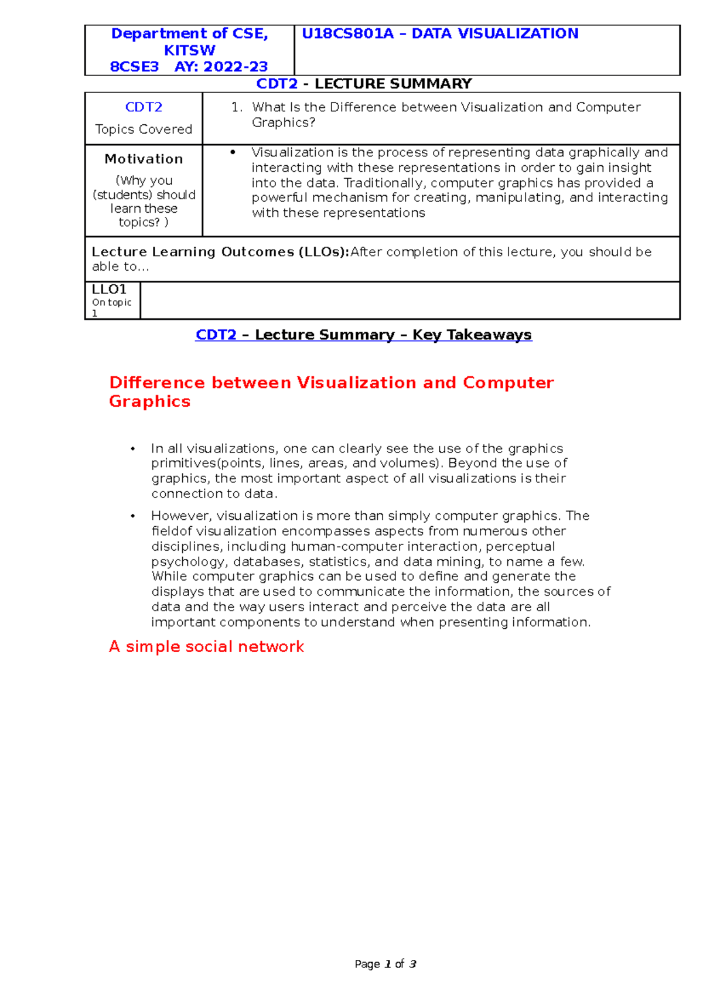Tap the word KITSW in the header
tap(189, 50)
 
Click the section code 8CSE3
tap(134, 67)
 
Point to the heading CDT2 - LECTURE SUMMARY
tap(364, 84)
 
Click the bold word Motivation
tap(144, 159)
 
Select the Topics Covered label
tap(144, 129)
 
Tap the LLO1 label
tap(109, 289)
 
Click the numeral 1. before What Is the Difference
tap(237, 107)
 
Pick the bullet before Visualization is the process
tap(233, 152)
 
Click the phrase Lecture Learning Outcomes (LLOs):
tap(220, 252)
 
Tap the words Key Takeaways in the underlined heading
tap(472, 335)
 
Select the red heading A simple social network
tap(206, 646)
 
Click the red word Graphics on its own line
tap(149, 401)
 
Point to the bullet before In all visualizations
tap(133, 449)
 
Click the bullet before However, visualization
tap(133, 516)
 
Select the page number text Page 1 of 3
tap(385, 964)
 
